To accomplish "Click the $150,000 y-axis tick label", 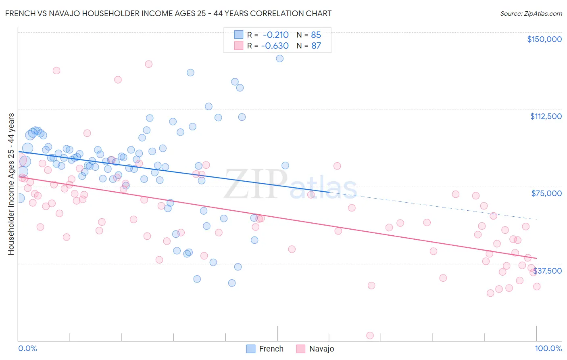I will tap(544, 39).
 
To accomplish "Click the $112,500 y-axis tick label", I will tap(546, 116).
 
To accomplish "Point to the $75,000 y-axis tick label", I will tap(546, 193).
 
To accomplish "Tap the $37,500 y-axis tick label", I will tap(547, 271).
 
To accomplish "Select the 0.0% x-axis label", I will tap(27, 348).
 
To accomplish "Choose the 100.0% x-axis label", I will tap(548, 348).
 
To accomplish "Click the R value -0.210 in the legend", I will tap(275, 35).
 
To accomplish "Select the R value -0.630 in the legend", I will tap(275, 46).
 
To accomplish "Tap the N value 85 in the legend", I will tap(316, 35).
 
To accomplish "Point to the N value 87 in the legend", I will tap(316, 46).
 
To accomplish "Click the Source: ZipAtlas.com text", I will tap(531, 13).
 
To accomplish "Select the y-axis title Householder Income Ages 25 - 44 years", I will tap(11, 184).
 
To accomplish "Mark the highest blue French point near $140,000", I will tap(279, 59).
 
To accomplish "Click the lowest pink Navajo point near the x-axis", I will tap(370, 335).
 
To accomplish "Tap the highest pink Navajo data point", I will tap(148, 64).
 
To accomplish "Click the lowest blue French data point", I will tap(232, 283).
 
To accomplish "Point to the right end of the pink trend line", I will tap(536, 258).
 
